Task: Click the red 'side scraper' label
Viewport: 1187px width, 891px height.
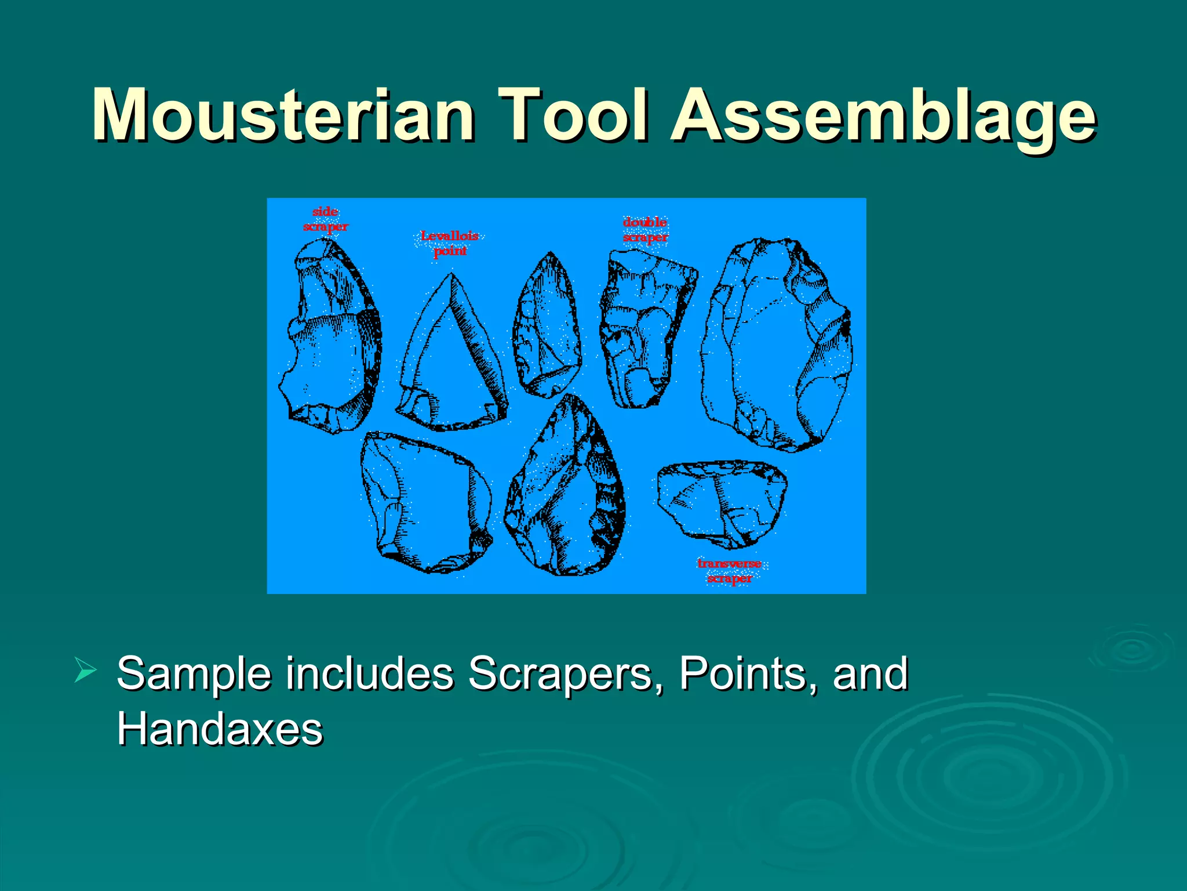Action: coord(325,219)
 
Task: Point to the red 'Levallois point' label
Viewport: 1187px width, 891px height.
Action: coord(450,243)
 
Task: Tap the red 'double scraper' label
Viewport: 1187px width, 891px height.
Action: coord(645,230)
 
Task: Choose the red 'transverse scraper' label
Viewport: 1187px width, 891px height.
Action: coord(729,571)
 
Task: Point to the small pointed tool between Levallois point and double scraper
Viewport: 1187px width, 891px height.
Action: coord(548,328)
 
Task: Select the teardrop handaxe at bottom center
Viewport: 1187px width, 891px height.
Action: coord(565,493)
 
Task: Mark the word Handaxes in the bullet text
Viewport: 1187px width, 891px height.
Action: coord(220,729)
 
